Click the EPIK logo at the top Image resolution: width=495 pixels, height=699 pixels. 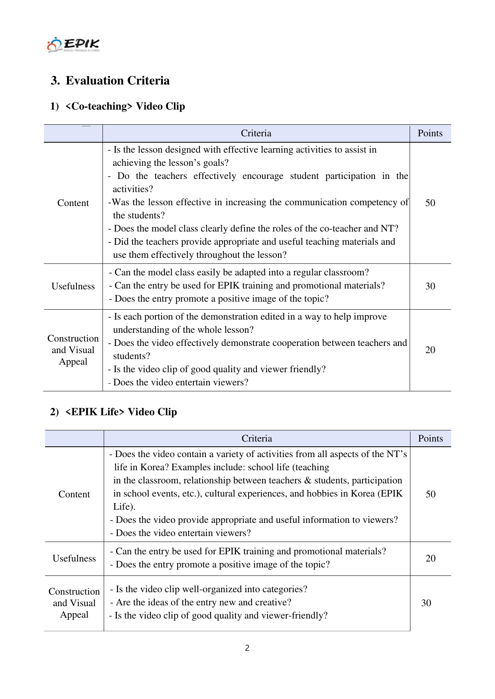click(73, 45)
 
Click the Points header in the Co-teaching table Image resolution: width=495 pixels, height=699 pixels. click(430, 134)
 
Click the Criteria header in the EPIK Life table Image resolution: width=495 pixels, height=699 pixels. click(257, 439)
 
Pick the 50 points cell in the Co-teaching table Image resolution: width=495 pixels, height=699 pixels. click(430, 203)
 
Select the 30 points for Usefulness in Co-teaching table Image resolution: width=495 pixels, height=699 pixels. click(430, 286)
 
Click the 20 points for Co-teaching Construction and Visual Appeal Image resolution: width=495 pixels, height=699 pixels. click(430, 350)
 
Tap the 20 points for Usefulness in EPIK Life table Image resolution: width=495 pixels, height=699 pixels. click(430, 558)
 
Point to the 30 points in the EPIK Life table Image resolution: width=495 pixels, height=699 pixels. click(426, 603)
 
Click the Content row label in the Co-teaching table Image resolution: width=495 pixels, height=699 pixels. click(73, 203)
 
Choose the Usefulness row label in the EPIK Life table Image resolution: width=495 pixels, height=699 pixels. click(74, 558)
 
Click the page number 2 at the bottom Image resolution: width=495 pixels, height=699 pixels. click(247, 648)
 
